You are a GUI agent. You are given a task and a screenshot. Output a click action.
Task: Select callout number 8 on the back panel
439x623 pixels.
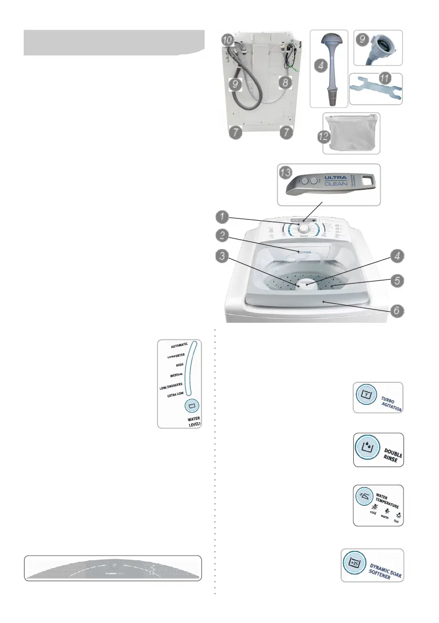point(285,82)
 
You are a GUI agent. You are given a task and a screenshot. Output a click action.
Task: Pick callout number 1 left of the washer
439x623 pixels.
point(223,215)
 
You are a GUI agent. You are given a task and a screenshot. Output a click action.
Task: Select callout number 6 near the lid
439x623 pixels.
point(397,310)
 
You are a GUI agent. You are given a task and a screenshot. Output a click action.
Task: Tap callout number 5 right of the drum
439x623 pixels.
point(397,279)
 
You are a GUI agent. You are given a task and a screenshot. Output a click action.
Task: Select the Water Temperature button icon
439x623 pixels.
point(366,496)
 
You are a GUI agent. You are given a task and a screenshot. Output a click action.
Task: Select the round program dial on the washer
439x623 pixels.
point(303,226)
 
